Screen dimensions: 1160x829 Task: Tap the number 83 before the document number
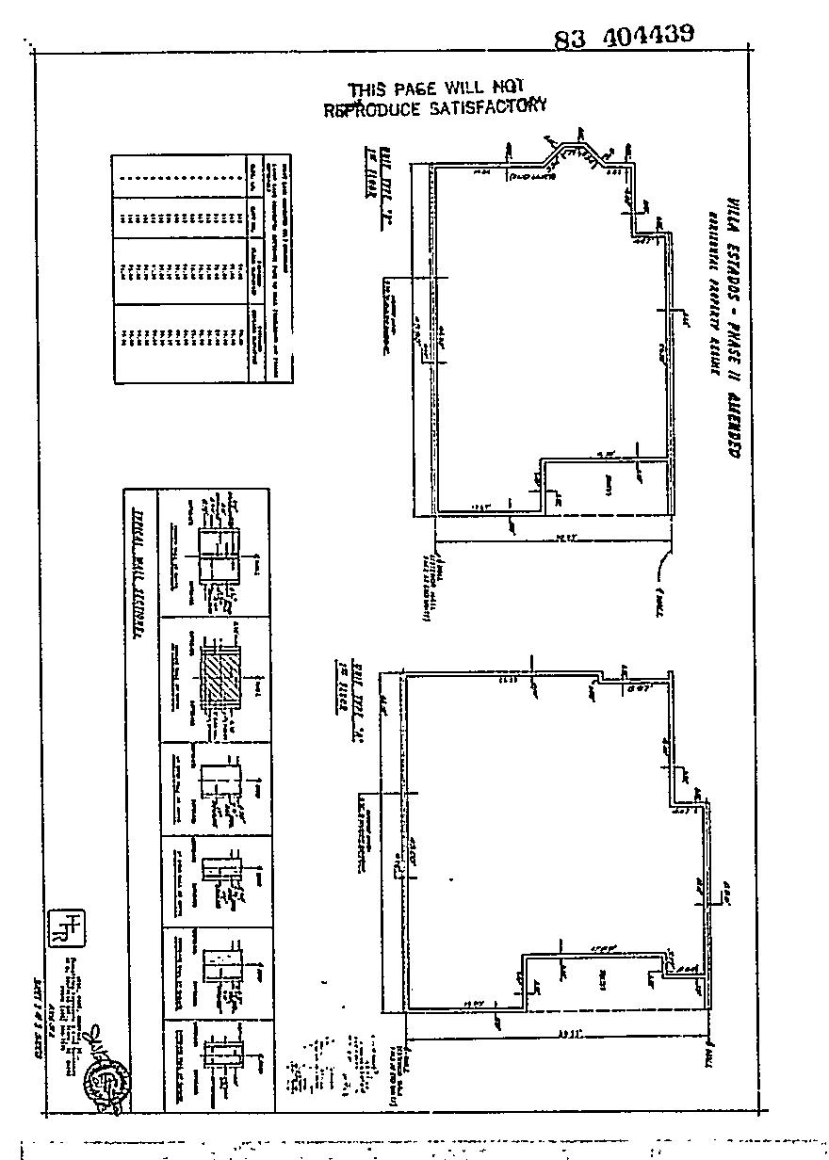point(571,40)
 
